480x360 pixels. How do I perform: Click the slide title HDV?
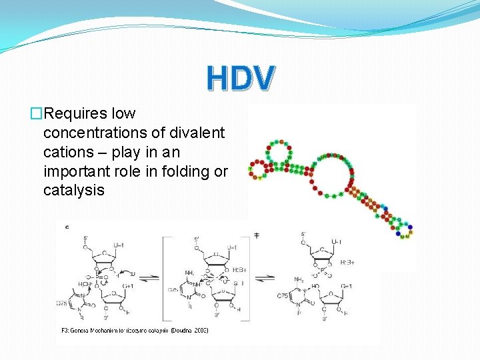pyautogui.click(x=239, y=78)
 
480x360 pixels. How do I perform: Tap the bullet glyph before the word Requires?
pyautogui.click(x=36, y=114)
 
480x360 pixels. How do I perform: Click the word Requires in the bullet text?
pyautogui.click(x=73, y=114)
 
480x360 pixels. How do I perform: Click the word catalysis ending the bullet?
pyautogui.click(x=74, y=190)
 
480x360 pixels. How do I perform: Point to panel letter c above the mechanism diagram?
pyautogui.click(x=66, y=227)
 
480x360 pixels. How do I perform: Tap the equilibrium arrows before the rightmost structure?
pyautogui.click(x=266, y=279)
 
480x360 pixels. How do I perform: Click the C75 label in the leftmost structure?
pyautogui.click(x=61, y=303)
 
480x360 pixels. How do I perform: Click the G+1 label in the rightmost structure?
pyautogui.click(x=347, y=287)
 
